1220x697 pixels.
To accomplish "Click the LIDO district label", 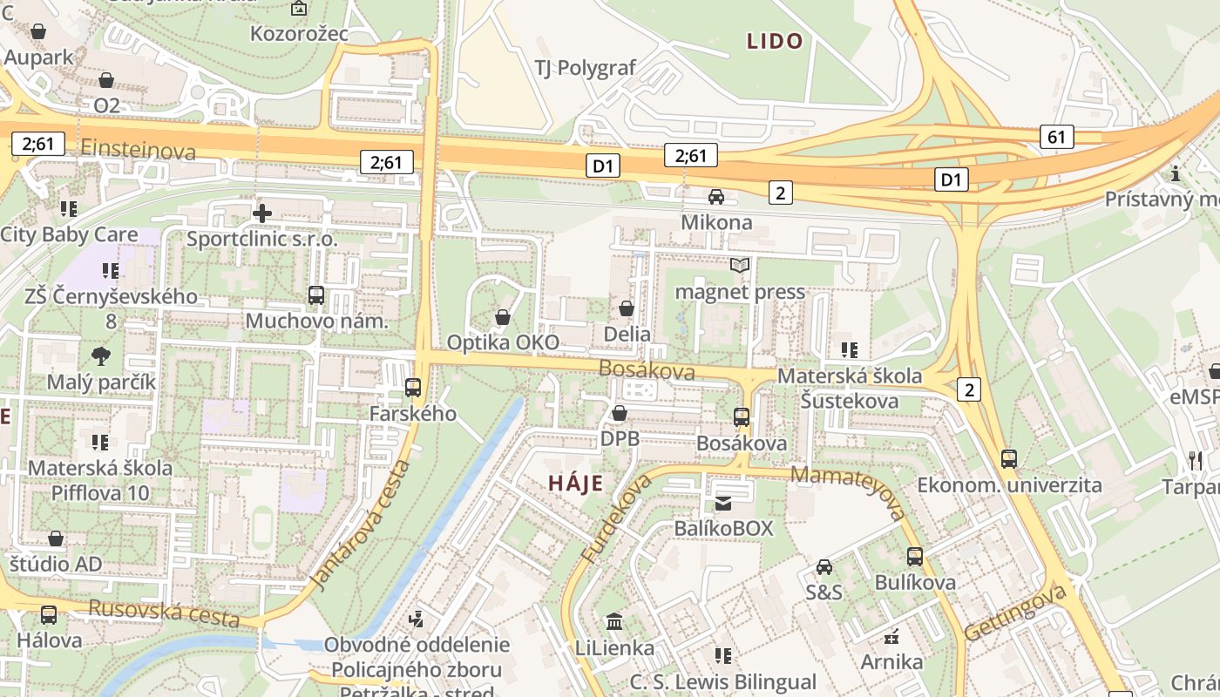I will click(x=775, y=41).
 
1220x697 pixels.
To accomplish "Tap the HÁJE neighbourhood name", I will click(x=575, y=484).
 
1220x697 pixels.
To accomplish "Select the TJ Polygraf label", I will click(x=586, y=68).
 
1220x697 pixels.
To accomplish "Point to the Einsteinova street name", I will click(x=138, y=151).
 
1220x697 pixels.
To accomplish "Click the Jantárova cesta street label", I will click(x=359, y=525).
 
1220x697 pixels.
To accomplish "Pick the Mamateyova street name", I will click(x=850, y=493).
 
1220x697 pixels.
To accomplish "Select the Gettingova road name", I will click(x=1015, y=613).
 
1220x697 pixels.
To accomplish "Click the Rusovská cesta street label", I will click(x=164, y=612).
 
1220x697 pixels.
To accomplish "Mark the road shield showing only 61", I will click(x=1056, y=137).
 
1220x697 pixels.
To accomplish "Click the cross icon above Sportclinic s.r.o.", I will click(x=261, y=213).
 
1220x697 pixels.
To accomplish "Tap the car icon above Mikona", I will click(x=716, y=197).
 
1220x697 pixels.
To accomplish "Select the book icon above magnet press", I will click(x=740, y=266).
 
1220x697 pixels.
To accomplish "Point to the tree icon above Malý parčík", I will click(x=101, y=355).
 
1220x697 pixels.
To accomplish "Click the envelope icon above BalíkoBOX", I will click(x=723, y=503).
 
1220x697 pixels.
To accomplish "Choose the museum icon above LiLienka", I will click(x=614, y=622).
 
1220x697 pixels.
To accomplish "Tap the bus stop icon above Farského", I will click(x=413, y=388).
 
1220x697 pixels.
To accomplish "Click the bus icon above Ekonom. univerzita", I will click(x=1009, y=459).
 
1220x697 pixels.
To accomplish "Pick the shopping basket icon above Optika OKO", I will click(x=503, y=317).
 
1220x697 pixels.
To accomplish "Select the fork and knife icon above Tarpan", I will click(x=1194, y=460).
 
